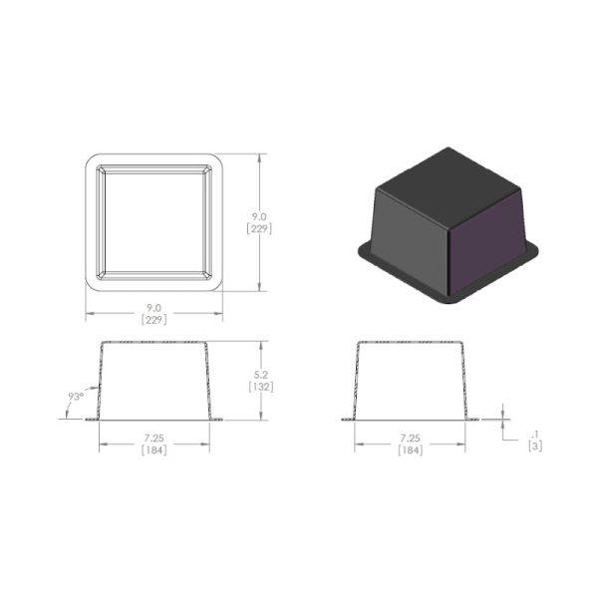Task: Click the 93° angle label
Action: coord(76,397)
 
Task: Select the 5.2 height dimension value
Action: coord(261,375)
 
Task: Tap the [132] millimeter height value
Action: coord(261,387)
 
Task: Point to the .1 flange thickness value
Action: coord(535,435)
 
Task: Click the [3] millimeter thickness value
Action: coord(535,446)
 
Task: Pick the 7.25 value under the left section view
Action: coord(154,439)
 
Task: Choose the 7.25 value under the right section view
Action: coord(410,439)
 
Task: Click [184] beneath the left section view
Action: coord(154,450)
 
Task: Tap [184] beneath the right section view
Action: coord(410,450)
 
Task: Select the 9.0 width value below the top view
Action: coord(154,307)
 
